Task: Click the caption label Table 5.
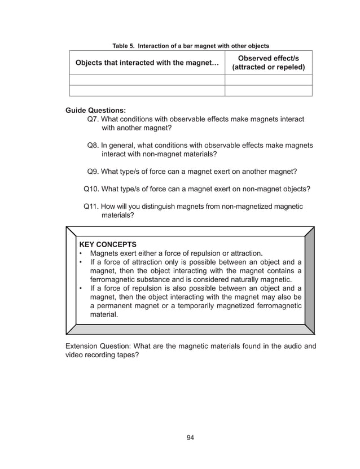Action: (124, 46)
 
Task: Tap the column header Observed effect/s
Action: (268, 58)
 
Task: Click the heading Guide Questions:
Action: (95, 110)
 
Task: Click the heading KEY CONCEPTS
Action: (108, 244)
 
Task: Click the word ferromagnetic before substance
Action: (116, 279)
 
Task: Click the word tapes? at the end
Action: (126, 356)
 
